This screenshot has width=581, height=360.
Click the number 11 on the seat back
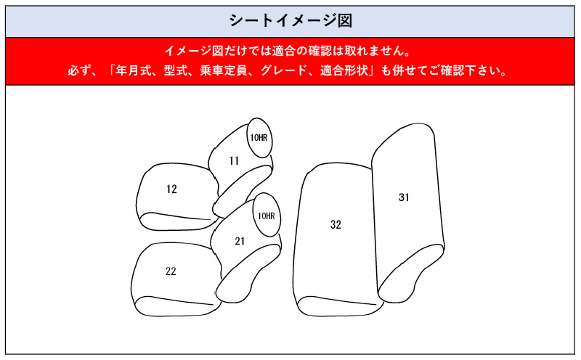click(234, 160)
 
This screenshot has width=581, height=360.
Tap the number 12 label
click(171, 189)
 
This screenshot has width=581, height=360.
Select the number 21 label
click(240, 241)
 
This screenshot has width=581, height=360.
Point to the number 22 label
click(171, 271)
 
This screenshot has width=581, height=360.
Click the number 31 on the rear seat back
click(404, 197)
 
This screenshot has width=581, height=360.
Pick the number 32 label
click(336, 224)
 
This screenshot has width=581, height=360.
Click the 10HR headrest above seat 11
click(259, 138)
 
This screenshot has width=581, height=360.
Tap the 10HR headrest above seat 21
click(267, 215)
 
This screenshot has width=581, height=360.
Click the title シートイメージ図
click(290, 21)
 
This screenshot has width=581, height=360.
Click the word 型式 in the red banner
click(176, 70)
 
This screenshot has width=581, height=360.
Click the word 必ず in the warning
click(79, 70)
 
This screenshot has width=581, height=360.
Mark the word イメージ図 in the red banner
click(188, 51)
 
